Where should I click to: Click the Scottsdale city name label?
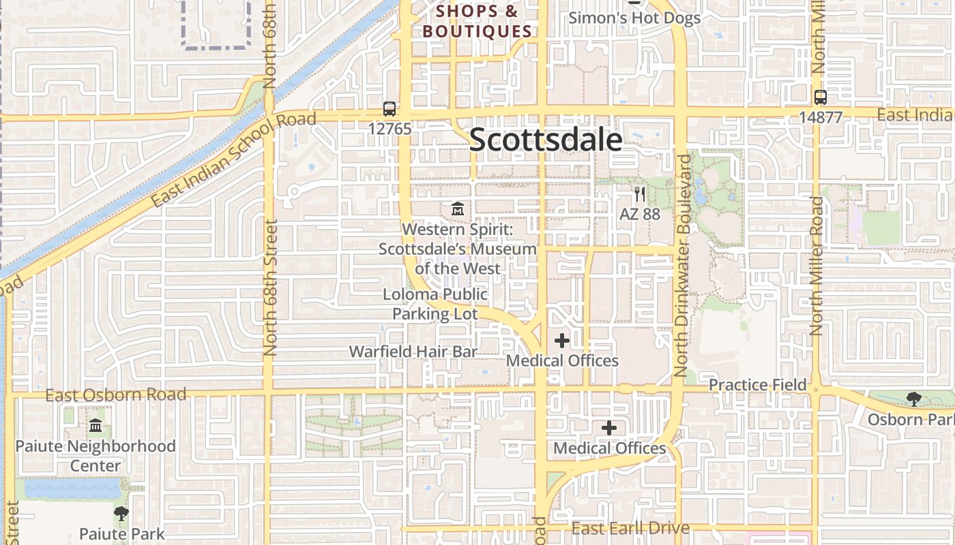pyautogui.click(x=546, y=140)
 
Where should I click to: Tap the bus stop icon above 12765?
pyautogui.click(x=390, y=108)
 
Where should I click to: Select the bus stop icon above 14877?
pyautogui.click(x=820, y=97)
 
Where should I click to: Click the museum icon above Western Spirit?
pyautogui.click(x=458, y=208)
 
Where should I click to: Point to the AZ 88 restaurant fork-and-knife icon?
pyautogui.click(x=639, y=194)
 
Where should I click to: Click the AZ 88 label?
pyautogui.click(x=639, y=214)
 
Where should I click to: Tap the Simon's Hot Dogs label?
pyautogui.click(x=634, y=18)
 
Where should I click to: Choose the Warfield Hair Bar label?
pyautogui.click(x=413, y=352)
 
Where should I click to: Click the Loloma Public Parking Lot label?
pyautogui.click(x=435, y=304)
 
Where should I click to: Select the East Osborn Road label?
pyautogui.click(x=116, y=395)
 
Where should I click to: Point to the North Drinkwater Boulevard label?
pyautogui.click(x=682, y=266)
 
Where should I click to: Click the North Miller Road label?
pyautogui.click(x=817, y=266)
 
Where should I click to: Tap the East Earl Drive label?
pyautogui.click(x=630, y=528)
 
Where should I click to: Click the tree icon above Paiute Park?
pyautogui.click(x=121, y=514)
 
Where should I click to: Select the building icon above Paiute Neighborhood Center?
pyautogui.click(x=95, y=426)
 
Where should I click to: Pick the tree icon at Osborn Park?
pyautogui.click(x=913, y=399)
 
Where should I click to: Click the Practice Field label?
pyautogui.click(x=757, y=385)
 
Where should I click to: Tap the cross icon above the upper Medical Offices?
pyautogui.click(x=562, y=341)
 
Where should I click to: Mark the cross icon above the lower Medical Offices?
pyautogui.click(x=609, y=428)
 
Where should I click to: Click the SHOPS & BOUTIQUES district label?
pyautogui.click(x=477, y=21)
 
